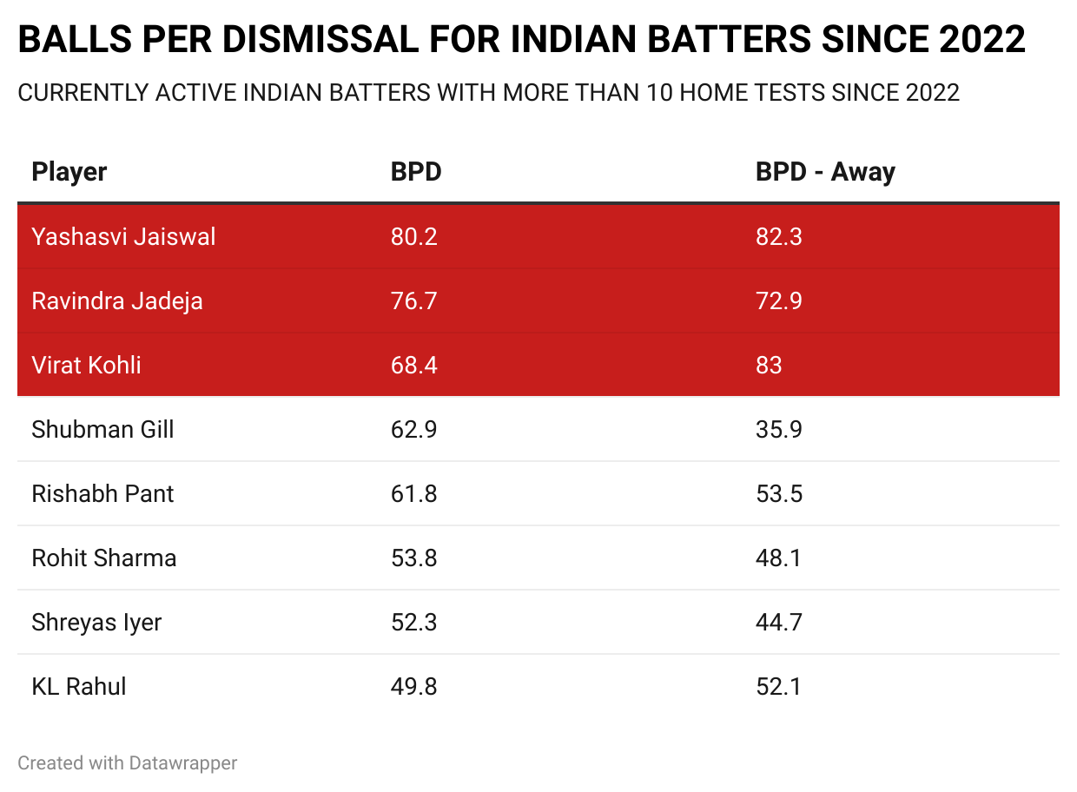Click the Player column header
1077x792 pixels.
tap(69, 172)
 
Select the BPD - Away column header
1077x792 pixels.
tap(825, 172)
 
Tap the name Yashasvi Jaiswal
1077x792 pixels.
tap(123, 236)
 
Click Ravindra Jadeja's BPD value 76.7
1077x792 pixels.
tap(413, 300)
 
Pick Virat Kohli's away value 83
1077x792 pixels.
tap(769, 365)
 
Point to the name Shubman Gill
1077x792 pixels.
tap(102, 429)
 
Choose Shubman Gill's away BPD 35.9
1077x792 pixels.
tap(778, 429)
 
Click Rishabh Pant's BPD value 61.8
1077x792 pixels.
tap(413, 493)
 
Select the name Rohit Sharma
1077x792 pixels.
tap(104, 558)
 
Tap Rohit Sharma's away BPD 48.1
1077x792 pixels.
tap(778, 558)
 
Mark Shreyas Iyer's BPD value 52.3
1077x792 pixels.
tap(413, 622)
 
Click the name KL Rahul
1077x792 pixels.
tap(79, 686)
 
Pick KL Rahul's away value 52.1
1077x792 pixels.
tap(778, 686)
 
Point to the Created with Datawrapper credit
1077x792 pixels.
tap(128, 763)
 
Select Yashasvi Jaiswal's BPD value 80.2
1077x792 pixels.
tap(413, 236)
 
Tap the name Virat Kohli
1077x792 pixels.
tap(86, 365)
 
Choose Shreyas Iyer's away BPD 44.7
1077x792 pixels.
tap(778, 622)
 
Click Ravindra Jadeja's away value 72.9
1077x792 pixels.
tap(778, 300)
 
